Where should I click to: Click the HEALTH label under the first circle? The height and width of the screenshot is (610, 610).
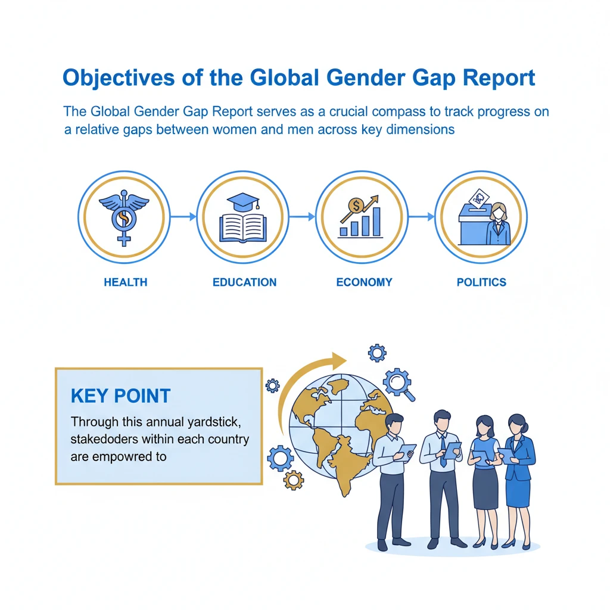125,282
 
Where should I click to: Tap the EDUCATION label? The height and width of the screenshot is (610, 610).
244,282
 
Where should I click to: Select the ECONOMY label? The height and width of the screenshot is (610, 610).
364,282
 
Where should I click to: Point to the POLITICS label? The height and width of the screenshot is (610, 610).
481,282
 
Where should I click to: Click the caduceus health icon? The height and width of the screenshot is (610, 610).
124,217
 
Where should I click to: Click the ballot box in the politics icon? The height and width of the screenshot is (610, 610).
473,226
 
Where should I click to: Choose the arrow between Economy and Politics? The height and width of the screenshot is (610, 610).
421,217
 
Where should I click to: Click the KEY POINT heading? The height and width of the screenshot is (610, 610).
120,396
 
